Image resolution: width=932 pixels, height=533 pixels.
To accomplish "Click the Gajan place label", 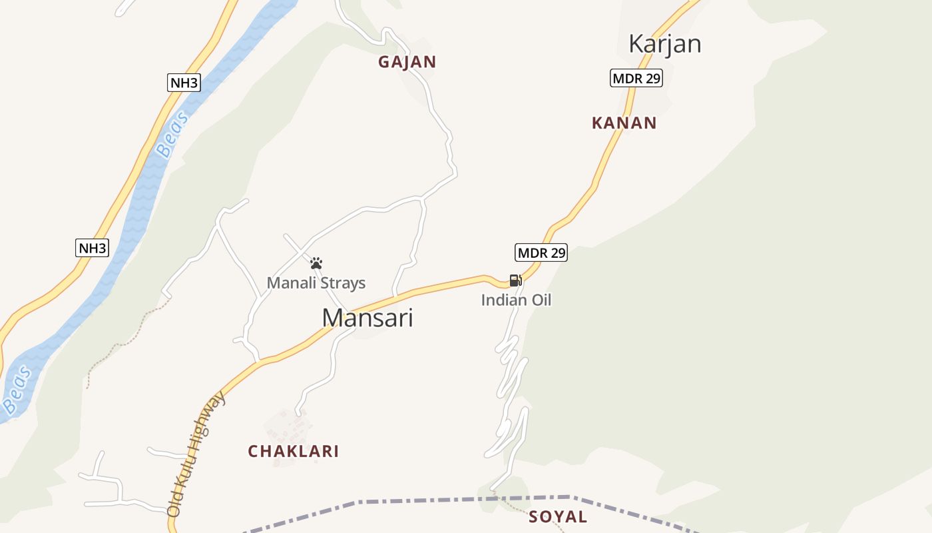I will pyautogui.click(x=407, y=62).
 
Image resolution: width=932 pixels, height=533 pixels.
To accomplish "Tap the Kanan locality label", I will pyautogui.click(x=624, y=123).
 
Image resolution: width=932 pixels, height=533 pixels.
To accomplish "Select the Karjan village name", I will pyautogui.click(x=664, y=44).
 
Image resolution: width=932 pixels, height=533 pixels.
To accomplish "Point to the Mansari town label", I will pyautogui.click(x=367, y=318).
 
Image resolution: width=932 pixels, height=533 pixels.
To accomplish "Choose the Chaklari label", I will pyautogui.click(x=294, y=451).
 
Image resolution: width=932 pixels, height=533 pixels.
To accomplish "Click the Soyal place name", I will pyautogui.click(x=558, y=516).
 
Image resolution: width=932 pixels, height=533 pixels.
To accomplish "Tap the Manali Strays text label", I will pyautogui.click(x=316, y=283).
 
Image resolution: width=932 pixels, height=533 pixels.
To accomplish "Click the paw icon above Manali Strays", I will pyautogui.click(x=316, y=263).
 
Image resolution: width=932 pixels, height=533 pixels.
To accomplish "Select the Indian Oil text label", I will pyautogui.click(x=516, y=300).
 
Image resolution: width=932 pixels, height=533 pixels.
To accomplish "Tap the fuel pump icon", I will pyautogui.click(x=515, y=280).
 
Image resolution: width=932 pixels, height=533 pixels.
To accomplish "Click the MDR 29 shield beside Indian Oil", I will pyautogui.click(x=541, y=253).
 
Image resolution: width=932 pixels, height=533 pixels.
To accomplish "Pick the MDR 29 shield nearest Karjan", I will pyautogui.click(x=636, y=78).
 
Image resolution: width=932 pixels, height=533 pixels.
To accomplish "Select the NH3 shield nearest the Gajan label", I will pyautogui.click(x=184, y=83).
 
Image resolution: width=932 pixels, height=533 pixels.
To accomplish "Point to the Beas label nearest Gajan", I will pyautogui.click(x=172, y=135).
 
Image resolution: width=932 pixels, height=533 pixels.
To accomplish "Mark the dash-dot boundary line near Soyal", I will pyautogui.click(x=426, y=500).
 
